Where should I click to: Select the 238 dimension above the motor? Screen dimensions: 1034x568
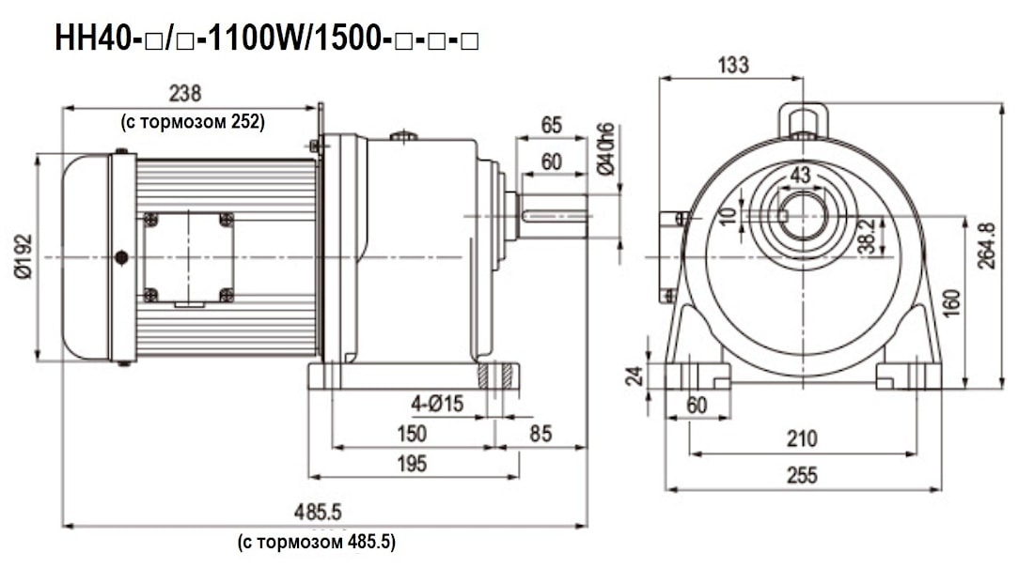(x=185, y=93)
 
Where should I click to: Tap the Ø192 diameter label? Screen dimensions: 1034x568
(x=23, y=257)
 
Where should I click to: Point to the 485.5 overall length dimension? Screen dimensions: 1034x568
(x=318, y=512)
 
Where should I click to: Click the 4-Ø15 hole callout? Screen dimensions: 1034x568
(x=437, y=404)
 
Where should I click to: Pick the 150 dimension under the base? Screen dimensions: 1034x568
(x=412, y=433)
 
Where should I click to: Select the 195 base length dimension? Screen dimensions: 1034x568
(x=412, y=463)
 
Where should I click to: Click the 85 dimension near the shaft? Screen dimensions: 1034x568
(x=540, y=433)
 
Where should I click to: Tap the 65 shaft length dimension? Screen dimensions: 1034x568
(x=551, y=125)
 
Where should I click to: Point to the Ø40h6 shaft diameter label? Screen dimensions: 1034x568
(x=605, y=149)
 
